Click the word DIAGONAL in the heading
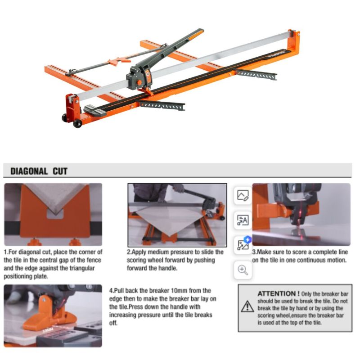click(29, 171)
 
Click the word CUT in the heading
click(60, 171)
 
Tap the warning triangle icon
click(247, 306)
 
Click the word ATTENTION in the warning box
click(277, 293)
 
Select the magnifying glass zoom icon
click(243, 270)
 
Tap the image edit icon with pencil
click(243, 195)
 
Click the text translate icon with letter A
click(243, 220)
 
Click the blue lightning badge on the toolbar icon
click(248, 239)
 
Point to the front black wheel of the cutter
click(77, 123)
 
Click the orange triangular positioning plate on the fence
click(119, 61)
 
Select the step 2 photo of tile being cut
click(177, 215)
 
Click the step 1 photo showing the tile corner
click(53, 215)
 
